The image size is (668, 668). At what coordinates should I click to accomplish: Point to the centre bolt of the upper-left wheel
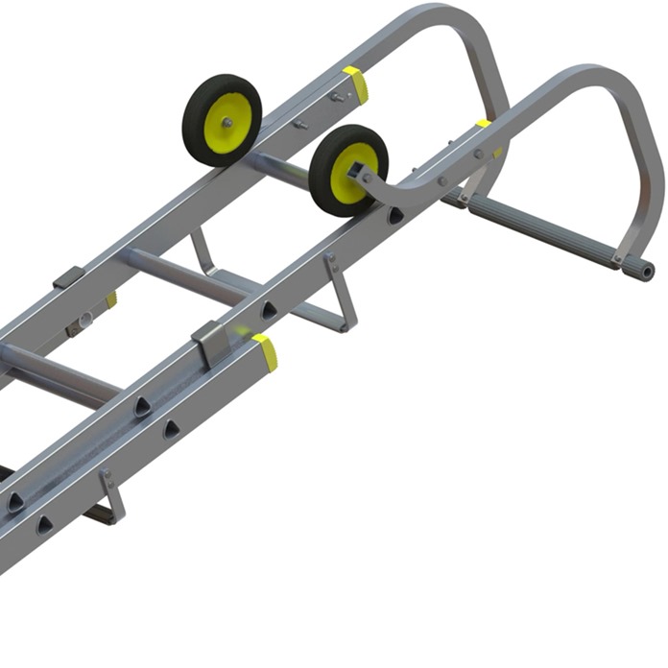click(229, 122)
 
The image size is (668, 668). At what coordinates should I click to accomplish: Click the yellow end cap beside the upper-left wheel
click(356, 83)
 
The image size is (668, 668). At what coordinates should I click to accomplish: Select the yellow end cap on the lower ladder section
click(266, 352)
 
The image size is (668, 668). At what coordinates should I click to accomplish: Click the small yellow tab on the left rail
click(111, 299)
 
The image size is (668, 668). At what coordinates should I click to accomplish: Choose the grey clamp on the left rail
click(70, 279)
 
